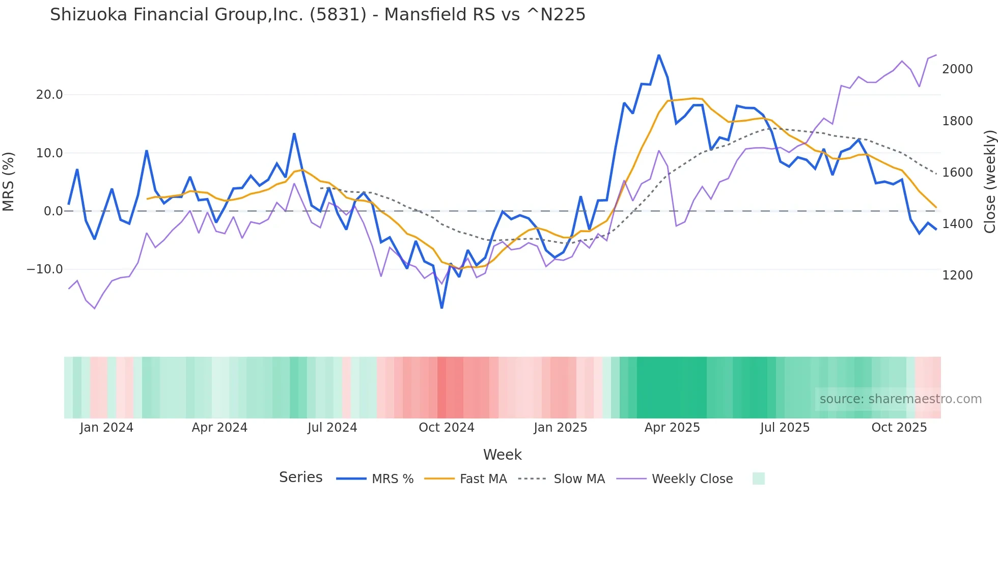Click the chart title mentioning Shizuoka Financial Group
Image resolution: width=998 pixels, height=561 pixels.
(x=318, y=15)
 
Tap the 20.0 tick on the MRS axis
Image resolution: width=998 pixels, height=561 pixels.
(x=49, y=95)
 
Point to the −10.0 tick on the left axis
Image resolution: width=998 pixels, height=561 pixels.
(x=45, y=269)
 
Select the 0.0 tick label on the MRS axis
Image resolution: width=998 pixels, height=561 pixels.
(x=53, y=211)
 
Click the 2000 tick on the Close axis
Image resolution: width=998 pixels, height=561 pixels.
(x=957, y=69)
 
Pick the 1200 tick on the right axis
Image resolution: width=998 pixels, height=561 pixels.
(x=957, y=275)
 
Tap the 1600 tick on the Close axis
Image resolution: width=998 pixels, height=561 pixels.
(x=957, y=173)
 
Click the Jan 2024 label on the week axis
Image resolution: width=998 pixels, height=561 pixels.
(x=106, y=428)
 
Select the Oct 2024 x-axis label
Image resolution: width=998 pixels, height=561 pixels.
(x=447, y=428)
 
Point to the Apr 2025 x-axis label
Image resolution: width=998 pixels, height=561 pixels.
(x=672, y=428)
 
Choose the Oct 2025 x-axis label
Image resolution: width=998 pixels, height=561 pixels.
(x=899, y=428)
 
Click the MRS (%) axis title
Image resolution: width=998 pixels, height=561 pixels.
(x=9, y=181)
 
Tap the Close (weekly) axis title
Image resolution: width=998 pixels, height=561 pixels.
(x=989, y=182)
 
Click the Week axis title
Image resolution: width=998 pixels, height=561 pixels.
(x=502, y=455)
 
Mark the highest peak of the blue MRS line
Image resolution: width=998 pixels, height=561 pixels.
(x=659, y=55)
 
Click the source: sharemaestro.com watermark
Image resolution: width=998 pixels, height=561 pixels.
(x=900, y=399)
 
